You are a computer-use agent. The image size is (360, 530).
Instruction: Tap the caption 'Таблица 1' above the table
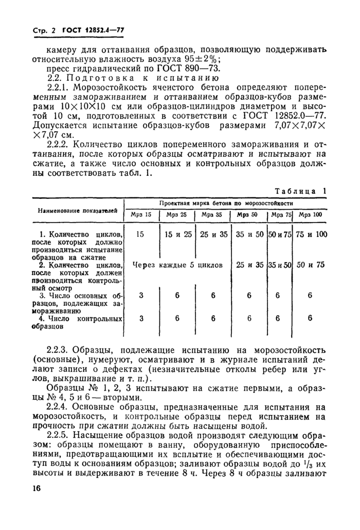[300, 190]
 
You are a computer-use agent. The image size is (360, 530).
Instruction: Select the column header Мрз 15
[141, 214]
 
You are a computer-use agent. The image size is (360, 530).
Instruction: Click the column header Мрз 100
[310, 214]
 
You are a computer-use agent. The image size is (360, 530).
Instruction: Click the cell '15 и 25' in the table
[177, 234]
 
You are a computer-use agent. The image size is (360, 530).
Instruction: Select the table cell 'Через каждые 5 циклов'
[177, 265]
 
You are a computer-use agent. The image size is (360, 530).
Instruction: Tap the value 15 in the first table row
[140, 234]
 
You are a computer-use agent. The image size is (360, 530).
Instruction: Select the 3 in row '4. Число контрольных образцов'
[141, 318]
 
